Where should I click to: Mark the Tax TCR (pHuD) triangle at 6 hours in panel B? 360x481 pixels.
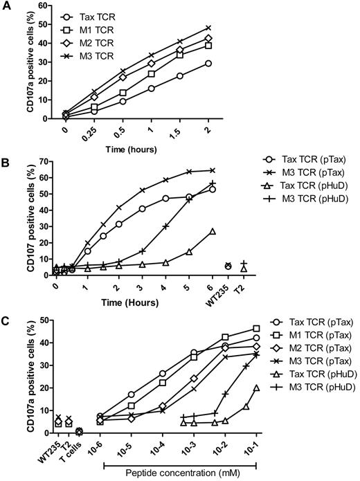212,231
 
